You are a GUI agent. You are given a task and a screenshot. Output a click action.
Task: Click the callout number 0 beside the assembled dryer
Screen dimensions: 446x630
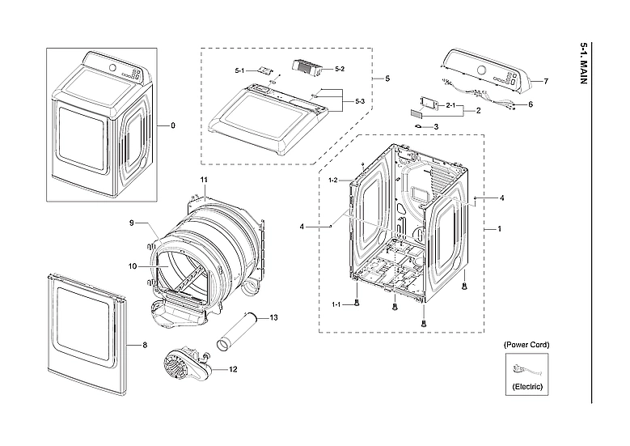[172, 126]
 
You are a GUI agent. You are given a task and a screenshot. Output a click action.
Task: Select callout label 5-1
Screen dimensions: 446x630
[240, 72]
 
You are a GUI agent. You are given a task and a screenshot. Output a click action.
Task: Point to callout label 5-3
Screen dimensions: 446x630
[360, 101]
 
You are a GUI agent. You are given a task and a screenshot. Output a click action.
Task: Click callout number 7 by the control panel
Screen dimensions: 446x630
[545, 82]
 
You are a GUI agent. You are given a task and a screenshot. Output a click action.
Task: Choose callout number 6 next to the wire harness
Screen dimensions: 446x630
[531, 104]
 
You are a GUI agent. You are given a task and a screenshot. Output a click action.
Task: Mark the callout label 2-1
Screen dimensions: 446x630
[452, 106]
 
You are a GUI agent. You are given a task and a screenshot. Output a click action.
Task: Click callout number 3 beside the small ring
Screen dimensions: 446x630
[436, 126]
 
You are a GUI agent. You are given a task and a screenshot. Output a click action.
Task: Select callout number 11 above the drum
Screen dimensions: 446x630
[204, 178]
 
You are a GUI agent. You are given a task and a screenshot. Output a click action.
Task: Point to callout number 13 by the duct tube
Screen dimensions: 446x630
[273, 318]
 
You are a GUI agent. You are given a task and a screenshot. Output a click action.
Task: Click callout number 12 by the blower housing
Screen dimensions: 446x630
[233, 370]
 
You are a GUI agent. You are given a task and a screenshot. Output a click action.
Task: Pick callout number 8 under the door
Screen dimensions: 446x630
[144, 346]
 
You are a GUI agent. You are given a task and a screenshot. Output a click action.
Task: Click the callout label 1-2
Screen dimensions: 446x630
[333, 180]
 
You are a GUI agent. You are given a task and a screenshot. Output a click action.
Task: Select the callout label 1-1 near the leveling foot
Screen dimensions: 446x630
[336, 304]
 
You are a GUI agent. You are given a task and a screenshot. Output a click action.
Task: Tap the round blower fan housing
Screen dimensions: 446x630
[180, 366]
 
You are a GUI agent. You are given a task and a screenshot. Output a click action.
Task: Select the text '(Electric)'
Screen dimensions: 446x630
[527, 388]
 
